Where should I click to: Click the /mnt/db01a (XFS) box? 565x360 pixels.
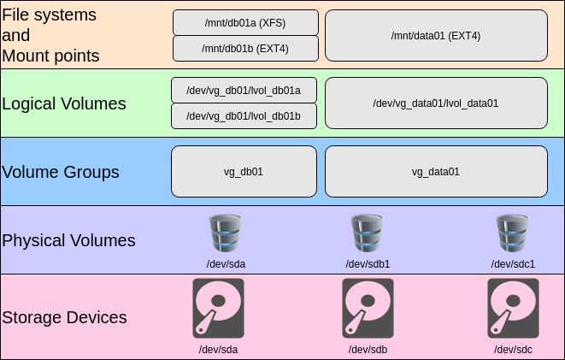(x=245, y=22)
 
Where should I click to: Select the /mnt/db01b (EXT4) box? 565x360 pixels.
(x=245, y=48)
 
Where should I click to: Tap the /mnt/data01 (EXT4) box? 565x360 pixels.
(x=436, y=36)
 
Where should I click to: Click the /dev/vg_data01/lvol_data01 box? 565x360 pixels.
(x=436, y=103)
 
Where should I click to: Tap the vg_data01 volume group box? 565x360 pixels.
(x=436, y=171)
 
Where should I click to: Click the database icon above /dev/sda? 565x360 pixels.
(x=227, y=233)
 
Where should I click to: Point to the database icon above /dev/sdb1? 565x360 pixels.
(x=368, y=233)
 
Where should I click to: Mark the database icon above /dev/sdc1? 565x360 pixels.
(x=513, y=233)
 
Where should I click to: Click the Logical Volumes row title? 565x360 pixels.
(x=64, y=103)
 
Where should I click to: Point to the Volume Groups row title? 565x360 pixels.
(x=61, y=172)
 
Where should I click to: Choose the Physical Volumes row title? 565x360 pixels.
(x=69, y=240)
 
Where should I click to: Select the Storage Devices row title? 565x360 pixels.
(x=65, y=317)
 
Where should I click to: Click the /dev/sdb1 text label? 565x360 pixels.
(x=368, y=263)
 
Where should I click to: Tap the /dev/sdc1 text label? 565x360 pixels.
(x=513, y=263)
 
